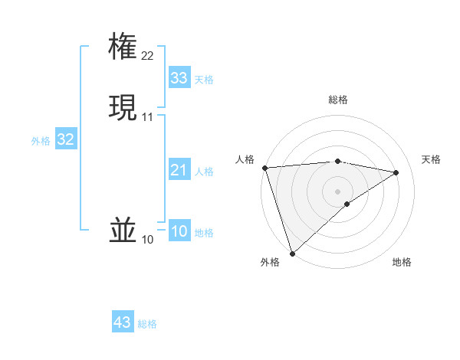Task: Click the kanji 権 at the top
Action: coord(123,46)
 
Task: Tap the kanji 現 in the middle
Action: coord(123,106)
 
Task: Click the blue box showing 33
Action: coord(179,77)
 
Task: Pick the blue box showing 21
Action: coord(179,170)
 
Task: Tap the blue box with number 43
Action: coord(123,322)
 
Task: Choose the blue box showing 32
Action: coord(65,139)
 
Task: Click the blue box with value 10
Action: coord(179,231)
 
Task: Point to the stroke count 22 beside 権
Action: coord(147,55)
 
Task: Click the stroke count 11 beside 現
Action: coord(147,116)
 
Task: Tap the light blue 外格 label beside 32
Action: coord(41,141)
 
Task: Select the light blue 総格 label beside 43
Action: coord(147,324)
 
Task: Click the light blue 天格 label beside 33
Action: coord(204,80)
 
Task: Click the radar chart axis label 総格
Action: coord(338,100)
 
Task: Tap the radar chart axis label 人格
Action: coord(245,159)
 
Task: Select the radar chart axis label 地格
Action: coord(402,262)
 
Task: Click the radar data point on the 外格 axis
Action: coord(291,253)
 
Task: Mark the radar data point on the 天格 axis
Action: coord(396,172)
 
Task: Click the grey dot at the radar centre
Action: coord(338,191)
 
